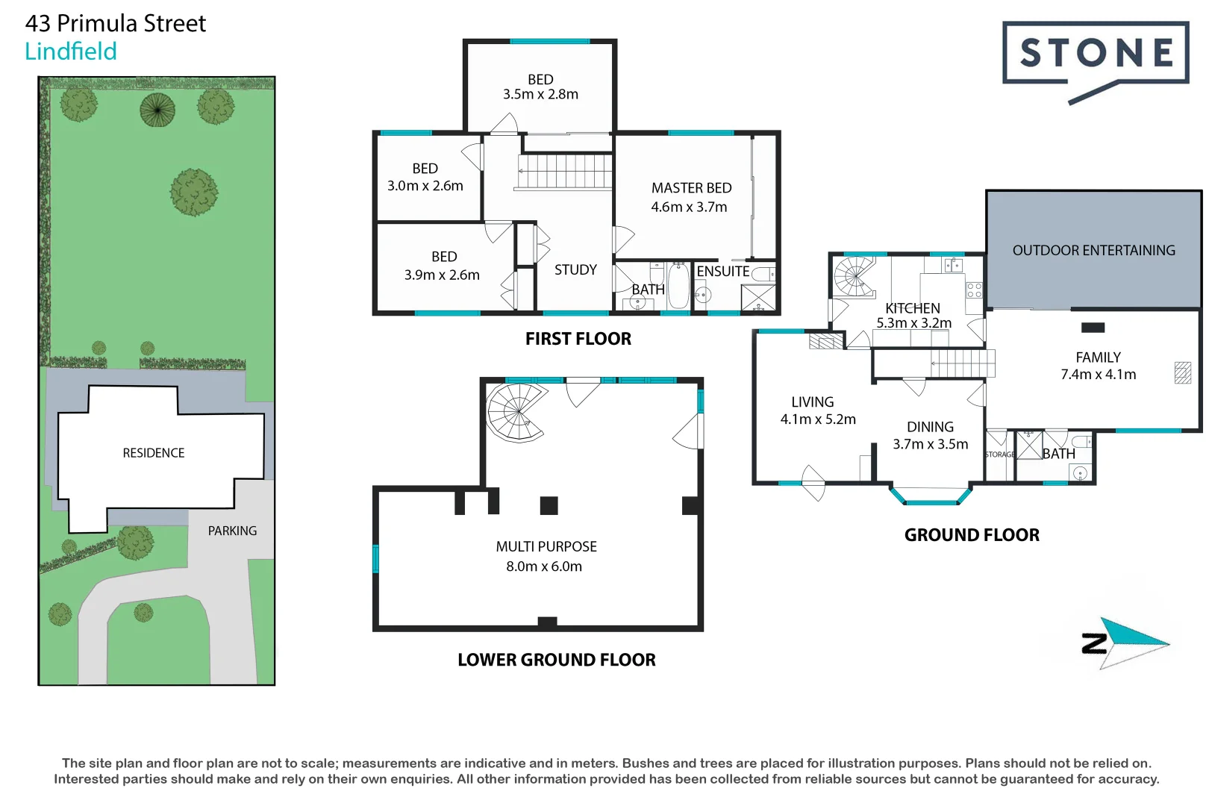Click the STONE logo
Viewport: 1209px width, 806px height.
tap(1095, 54)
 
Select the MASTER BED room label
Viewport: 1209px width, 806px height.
tap(691, 188)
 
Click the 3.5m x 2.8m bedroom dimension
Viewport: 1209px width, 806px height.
tap(540, 95)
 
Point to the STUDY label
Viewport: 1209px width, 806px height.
tap(575, 269)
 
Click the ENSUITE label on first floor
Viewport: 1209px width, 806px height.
tap(722, 272)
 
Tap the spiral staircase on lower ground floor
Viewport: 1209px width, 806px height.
tap(514, 412)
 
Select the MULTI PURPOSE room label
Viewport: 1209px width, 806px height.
tap(546, 546)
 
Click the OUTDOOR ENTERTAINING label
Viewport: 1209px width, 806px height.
tap(1093, 251)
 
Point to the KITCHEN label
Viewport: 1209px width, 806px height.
tap(912, 308)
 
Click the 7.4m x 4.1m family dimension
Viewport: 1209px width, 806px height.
tap(1098, 375)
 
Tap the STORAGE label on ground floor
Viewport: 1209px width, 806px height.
tap(999, 454)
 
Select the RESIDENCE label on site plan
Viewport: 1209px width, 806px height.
tap(154, 453)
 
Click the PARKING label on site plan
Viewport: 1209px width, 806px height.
tap(232, 531)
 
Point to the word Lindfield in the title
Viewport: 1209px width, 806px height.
tap(71, 51)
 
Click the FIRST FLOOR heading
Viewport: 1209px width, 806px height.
tap(578, 339)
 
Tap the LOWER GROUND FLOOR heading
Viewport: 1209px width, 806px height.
tap(556, 660)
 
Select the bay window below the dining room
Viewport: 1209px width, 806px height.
tap(931, 498)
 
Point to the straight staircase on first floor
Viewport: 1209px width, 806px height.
tap(565, 172)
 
